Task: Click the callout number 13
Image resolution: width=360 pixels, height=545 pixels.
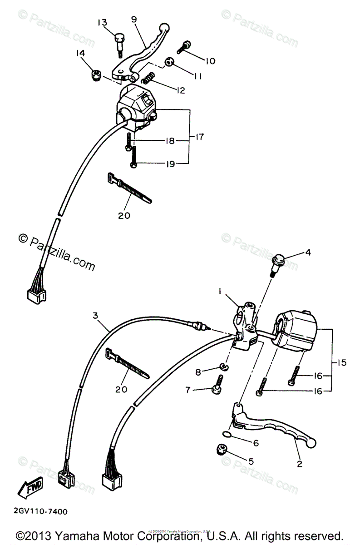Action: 102,23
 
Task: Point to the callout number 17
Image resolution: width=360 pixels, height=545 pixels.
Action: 200,136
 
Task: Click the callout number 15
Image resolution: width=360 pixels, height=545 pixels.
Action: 341,363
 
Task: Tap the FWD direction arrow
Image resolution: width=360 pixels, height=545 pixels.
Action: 30,490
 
